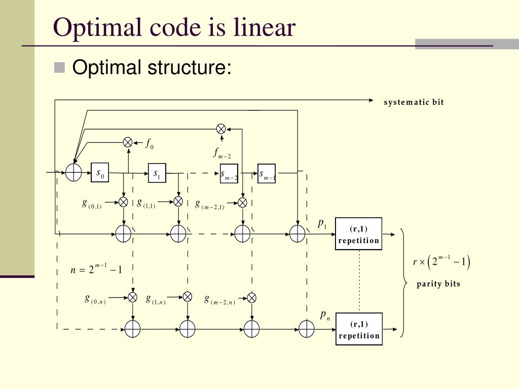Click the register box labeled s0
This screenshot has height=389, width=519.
pos(100,173)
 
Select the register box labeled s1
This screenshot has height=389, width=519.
pos(157,173)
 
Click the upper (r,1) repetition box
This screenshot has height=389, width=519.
pos(359,234)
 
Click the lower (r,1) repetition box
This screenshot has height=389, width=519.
pos(359,329)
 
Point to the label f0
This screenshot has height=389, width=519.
pos(150,144)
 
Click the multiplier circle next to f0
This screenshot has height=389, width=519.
pos(128,142)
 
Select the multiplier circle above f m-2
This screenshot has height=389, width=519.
pos(221,129)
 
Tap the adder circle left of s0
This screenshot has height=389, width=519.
pos(74,173)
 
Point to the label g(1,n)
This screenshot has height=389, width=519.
pos(155,299)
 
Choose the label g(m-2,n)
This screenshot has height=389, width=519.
pos(219,300)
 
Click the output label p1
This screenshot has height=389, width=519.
pos(322,223)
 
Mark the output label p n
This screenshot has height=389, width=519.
pos(325,315)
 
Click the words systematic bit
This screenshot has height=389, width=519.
pos(414,102)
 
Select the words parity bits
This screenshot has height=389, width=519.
pos(438,284)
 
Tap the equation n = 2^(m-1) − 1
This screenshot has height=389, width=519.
pos(96,269)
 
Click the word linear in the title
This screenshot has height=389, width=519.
pos(264,27)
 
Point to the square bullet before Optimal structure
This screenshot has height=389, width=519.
pos(60,67)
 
